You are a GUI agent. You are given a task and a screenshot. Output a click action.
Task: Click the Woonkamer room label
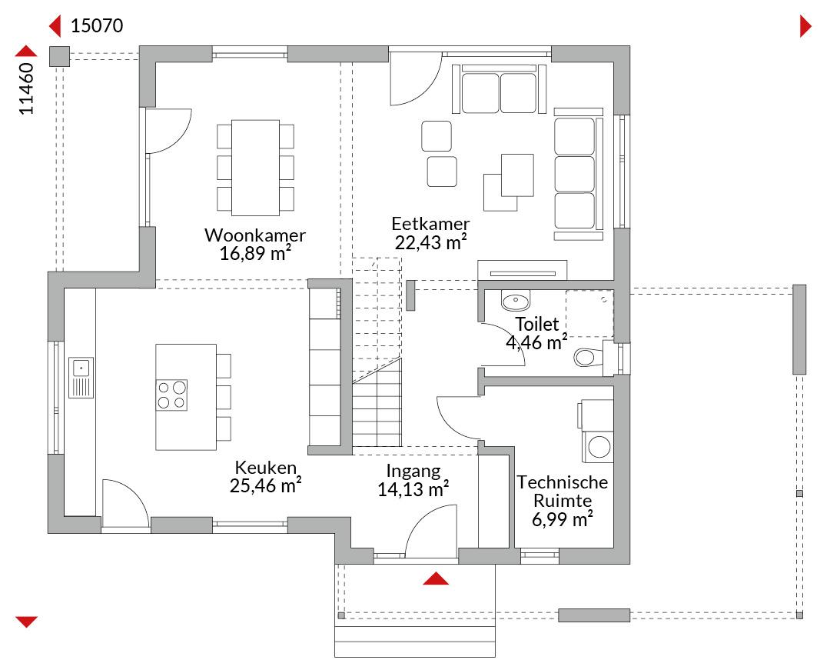tap(255, 235)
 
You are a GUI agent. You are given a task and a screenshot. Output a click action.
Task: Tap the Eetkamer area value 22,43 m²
tap(431, 242)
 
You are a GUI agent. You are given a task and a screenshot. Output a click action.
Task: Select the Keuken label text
tap(265, 467)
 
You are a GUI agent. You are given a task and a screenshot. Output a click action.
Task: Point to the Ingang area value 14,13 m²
tap(413, 489)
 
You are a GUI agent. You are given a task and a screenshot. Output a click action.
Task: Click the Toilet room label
tap(536, 324)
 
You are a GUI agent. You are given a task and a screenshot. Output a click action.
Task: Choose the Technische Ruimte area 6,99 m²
tap(562, 519)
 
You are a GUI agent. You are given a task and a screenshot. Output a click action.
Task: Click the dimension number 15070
tap(97, 25)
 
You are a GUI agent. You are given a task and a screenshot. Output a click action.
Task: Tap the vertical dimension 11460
tap(26, 88)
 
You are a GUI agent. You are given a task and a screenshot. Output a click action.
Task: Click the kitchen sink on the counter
tap(81, 377)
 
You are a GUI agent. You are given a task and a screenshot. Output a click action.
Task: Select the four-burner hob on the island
tap(171, 395)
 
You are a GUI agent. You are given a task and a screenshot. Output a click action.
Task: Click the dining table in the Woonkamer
tap(256, 168)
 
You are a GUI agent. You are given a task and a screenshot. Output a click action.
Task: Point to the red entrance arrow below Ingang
tap(436, 578)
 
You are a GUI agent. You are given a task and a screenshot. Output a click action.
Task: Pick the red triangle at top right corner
tap(805, 26)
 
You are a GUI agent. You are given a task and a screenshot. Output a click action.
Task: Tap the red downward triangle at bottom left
tap(26, 622)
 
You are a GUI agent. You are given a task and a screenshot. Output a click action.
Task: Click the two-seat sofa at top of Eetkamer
tap(499, 89)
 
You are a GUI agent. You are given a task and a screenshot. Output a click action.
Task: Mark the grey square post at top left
tap(59, 57)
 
